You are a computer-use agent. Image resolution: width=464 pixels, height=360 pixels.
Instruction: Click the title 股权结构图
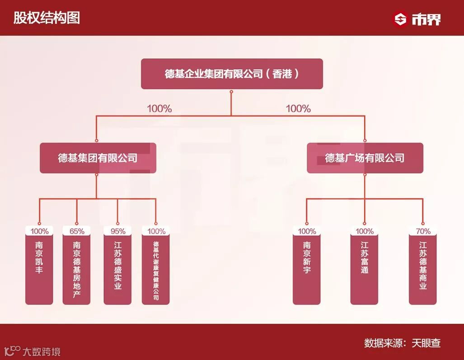point(47,18)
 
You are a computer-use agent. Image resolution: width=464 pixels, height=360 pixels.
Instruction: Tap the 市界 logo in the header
point(417,19)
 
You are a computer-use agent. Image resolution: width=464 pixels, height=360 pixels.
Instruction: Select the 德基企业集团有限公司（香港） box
point(232,74)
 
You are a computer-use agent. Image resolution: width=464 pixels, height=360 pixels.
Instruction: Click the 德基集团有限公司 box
point(98,158)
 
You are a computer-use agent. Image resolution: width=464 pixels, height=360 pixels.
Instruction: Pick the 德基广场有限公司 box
point(365,158)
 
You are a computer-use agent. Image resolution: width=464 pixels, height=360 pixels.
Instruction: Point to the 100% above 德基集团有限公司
point(159,109)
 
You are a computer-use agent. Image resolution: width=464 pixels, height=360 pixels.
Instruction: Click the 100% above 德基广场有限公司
point(298,109)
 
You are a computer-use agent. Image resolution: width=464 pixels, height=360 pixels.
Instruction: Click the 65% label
point(77,231)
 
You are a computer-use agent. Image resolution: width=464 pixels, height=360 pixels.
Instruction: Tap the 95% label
point(117,231)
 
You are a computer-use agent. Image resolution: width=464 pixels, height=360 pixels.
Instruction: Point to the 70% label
point(422,231)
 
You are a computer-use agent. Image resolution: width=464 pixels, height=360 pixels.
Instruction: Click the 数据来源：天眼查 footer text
point(402,343)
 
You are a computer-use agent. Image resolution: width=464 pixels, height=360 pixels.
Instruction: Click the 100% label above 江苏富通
point(365,231)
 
